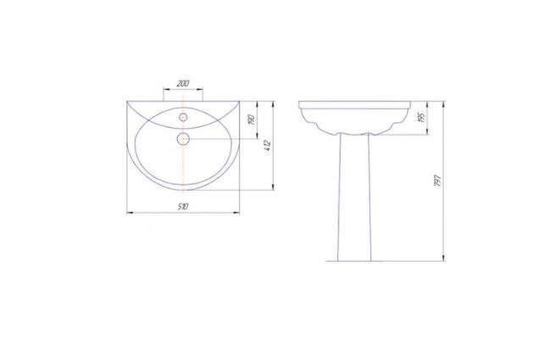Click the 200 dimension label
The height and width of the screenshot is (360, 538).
click(x=183, y=83)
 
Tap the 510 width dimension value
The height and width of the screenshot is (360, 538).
click(x=183, y=207)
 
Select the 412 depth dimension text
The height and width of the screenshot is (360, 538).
click(x=269, y=146)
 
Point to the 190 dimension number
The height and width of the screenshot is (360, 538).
click(x=252, y=119)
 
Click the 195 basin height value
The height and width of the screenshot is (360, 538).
click(x=422, y=118)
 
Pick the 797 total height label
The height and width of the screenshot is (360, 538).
click(x=437, y=180)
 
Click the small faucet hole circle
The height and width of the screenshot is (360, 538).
click(x=183, y=117)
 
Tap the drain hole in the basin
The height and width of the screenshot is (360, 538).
click(x=183, y=139)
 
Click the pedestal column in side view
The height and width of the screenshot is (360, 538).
click(x=354, y=197)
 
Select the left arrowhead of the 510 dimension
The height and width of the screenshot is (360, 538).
click(x=130, y=213)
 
